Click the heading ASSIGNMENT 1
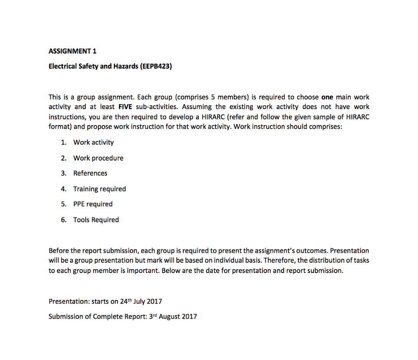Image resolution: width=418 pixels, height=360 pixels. (73, 51)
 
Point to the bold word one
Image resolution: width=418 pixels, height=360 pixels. (327, 97)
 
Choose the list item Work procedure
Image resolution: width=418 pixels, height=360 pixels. (98, 158)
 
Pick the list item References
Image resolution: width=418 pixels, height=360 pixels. (90, 173)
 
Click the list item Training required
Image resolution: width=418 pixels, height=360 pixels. (100, 189)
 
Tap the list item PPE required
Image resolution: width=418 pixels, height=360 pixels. (93, 204)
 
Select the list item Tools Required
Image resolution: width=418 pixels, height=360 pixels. (96, 220)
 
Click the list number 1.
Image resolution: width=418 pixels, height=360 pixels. (63, 143)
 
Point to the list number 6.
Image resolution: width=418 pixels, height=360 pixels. (63, 220)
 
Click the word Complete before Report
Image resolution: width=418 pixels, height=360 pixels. (107, 317)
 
